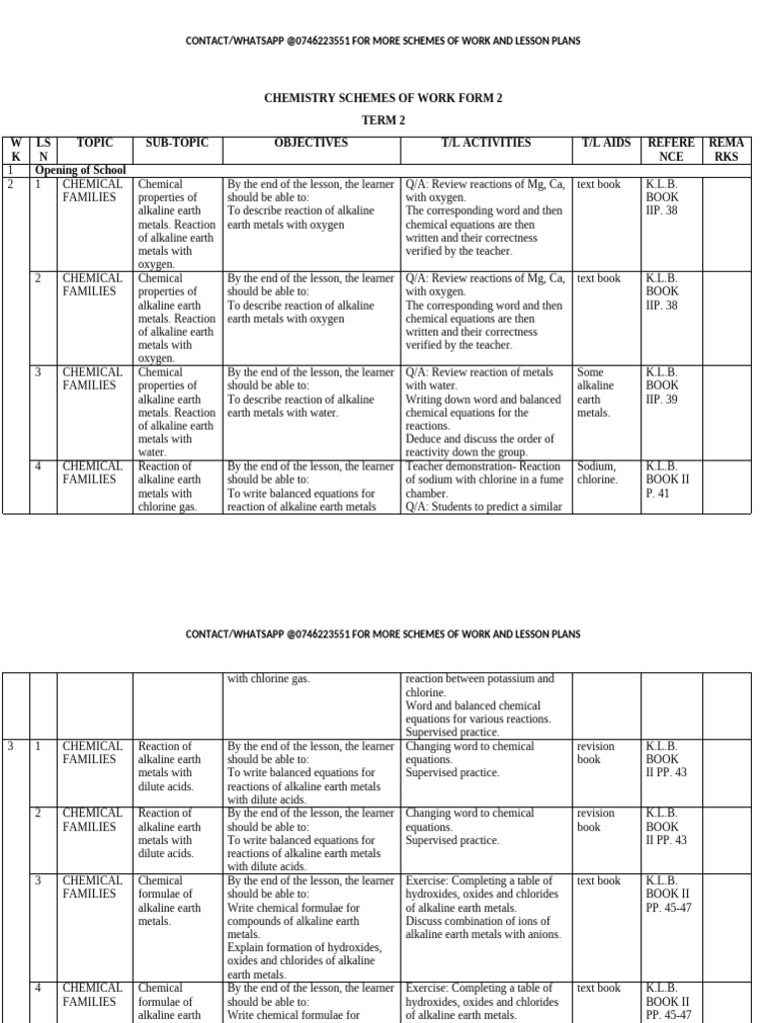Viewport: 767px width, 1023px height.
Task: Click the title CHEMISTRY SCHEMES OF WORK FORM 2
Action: (383, 98)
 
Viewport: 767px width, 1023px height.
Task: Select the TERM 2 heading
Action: (383, 120)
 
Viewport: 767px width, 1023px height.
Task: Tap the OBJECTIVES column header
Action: (312, 144)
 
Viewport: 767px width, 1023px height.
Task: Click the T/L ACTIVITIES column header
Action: (486, 144)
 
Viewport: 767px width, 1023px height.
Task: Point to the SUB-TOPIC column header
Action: (177, 144)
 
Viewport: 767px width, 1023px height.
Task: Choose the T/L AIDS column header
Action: (606, 144)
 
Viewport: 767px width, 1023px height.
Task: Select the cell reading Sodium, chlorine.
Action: (597, 473)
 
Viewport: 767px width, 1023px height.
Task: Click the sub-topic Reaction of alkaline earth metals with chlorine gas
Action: (175, 487)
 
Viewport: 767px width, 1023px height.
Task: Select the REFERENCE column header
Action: (671, 150)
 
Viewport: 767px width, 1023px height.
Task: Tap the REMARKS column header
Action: (726, 150)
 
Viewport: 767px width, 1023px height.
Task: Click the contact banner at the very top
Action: (383, 41)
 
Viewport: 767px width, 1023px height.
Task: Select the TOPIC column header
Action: (95, 144)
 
